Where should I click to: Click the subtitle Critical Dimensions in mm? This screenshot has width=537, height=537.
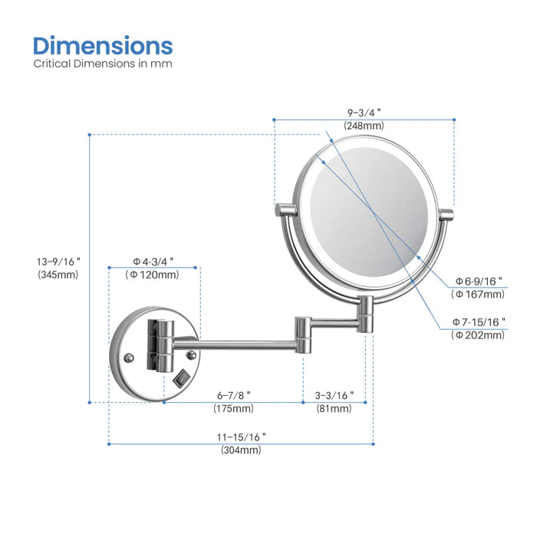pyautogui.click(x=103, y=64)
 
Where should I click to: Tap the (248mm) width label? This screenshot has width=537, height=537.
pyautogui.click(x=364, y=125)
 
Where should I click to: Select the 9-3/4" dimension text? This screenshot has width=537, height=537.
pyautogui.click(x=364, y=110)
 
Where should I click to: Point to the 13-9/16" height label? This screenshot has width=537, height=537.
pyautogui.click(x=58, y=260)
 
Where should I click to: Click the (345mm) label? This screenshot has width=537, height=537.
pyautogui.click(x=58, y=274)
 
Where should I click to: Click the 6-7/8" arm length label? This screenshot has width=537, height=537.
pyautogui.click(x=233, y=394)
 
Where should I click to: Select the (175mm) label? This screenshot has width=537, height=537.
pyautogui.click(x=233, y=409)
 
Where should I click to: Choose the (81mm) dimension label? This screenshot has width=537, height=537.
pyautogui.click(x=335, y=409)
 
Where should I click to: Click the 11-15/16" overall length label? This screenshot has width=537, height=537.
pyautogui.click(x=241, y=436)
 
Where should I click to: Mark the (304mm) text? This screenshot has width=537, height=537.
pyautogui.click(x=241, y=450)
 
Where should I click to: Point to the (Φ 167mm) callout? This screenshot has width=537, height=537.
pyautogui.click(x=479, y=294)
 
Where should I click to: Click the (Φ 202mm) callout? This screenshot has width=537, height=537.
pyautogui.click(x=479, y=334)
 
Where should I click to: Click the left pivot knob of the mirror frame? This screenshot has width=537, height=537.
pyautogui.click(x=285, y=209)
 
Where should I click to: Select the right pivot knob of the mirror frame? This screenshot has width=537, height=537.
pyautogui.click(x=446, y=212)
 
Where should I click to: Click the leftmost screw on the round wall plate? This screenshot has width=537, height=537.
pyautogui.click(x=130, y=357)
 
